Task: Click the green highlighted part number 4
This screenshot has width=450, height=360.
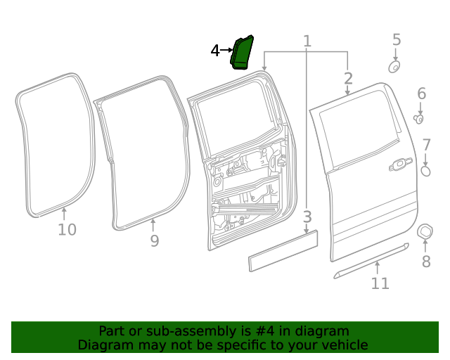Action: tap(243, 53)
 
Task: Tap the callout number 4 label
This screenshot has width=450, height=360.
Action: tap(215, 51)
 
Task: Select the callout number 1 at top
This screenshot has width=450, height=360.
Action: tap(307, 41)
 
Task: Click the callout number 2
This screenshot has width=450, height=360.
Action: tap(348, 78)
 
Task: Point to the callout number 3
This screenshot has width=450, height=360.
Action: tap(307, 216)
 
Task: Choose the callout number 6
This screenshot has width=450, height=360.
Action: tap(421, 94)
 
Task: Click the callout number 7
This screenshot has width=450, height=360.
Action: tap(426, 146)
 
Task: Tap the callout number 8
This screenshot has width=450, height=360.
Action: tap(425, 262)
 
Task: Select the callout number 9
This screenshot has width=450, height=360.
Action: tap(154, 241)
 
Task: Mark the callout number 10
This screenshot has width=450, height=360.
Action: tap(67, 230)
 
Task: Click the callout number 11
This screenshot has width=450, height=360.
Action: tap(380, 283)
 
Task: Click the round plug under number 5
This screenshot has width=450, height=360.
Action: tap(394, 67)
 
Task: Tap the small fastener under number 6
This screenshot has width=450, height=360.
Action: tap(418, 118)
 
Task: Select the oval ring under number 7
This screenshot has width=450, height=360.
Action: tap(425, 171)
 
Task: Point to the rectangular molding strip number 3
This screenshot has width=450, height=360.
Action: tap(283, 250)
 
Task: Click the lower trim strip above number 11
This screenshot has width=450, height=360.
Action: tap(371, 259)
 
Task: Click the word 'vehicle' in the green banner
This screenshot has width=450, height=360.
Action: tap(343, 345)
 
